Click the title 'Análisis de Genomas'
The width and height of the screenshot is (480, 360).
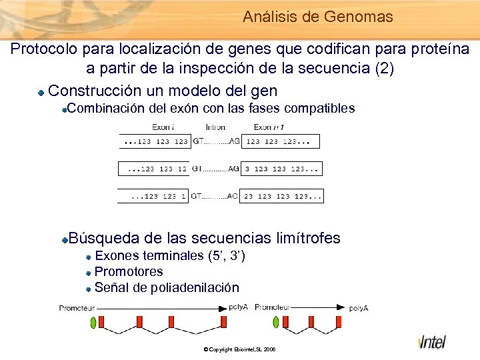point(318,17)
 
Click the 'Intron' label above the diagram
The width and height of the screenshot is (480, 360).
point(215,127)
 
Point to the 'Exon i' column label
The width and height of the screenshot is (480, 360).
point(164,127)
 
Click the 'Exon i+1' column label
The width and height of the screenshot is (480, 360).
point(270,127)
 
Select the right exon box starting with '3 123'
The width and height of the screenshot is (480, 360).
point(281,169)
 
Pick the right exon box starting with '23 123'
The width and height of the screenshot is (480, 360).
point(281,196)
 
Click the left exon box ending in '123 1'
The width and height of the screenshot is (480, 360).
point(154,196)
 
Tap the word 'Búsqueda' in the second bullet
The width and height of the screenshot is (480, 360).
point(103,238)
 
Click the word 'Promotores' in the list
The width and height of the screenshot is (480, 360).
point(129,271)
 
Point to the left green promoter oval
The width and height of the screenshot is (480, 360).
point(93,323)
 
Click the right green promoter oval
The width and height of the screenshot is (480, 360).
point(275,323)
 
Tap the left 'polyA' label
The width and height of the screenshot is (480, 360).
point(238,308)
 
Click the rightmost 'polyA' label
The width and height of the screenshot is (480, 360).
point(358,308)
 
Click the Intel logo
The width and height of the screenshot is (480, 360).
point(433,341)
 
